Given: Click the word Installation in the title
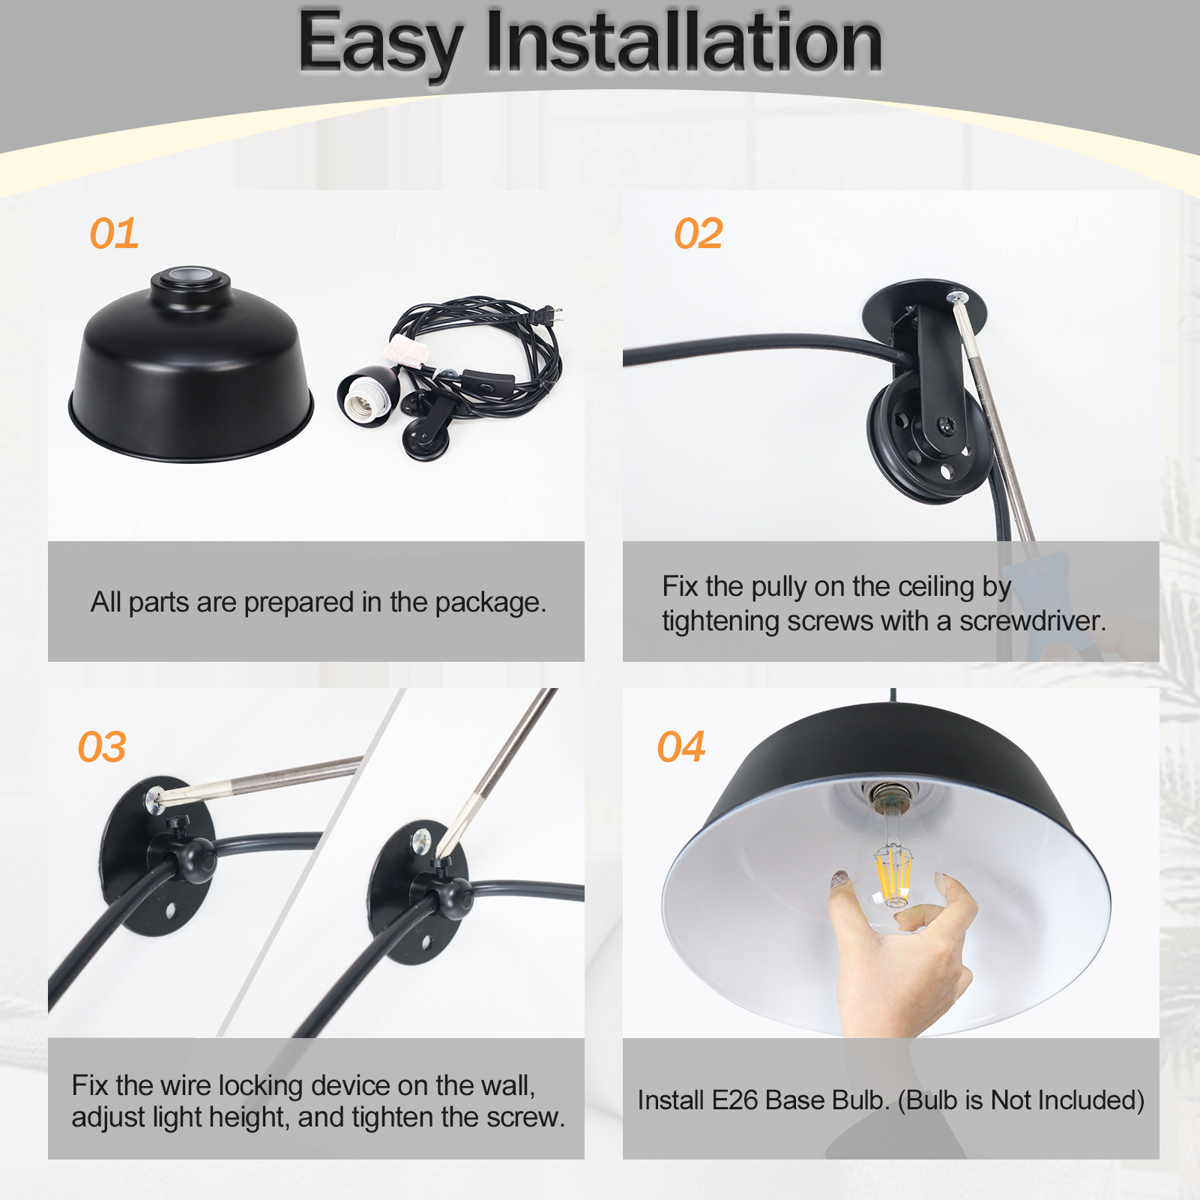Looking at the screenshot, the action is click(684, 43).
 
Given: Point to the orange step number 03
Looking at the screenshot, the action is click(103, 747).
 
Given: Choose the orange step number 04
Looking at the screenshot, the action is click(681, 747).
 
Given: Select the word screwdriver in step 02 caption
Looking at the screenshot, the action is click(1033, 621).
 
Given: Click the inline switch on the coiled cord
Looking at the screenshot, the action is click(487, 380).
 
